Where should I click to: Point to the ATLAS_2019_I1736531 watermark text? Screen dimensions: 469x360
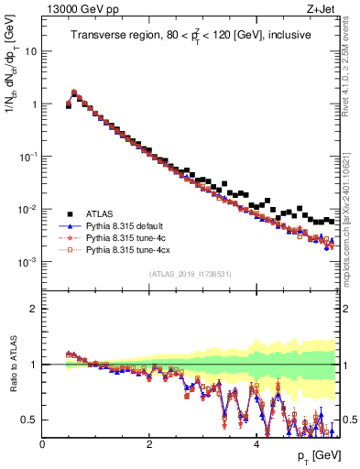[x=191, y=274]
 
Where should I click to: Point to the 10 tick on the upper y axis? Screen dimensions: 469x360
[x=31, y=51]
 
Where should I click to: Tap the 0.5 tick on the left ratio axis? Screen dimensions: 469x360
[x=29, y=420]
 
